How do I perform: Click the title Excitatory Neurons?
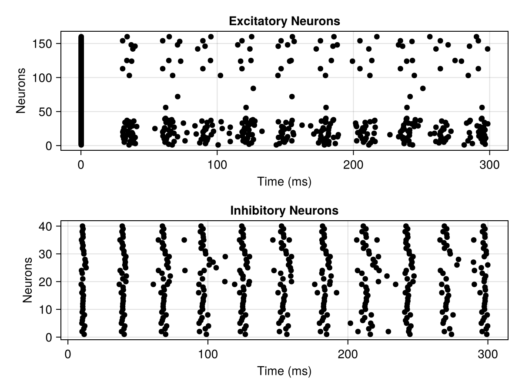pos(284,21)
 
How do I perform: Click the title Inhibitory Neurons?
pos(284,211)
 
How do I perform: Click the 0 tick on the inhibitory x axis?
pos(68,355)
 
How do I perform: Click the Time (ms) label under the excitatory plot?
pos(284,182)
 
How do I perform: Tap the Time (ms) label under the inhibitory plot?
pos(284,371)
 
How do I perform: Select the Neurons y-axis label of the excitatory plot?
pos(21,90)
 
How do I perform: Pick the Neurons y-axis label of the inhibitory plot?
pos(28,280)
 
